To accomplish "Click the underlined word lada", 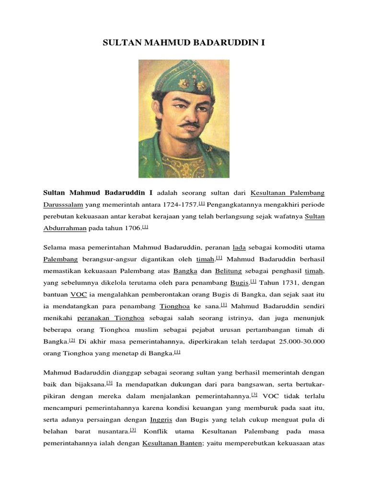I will click(x=239, y=247).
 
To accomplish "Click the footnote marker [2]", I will click(x=72, y=340).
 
